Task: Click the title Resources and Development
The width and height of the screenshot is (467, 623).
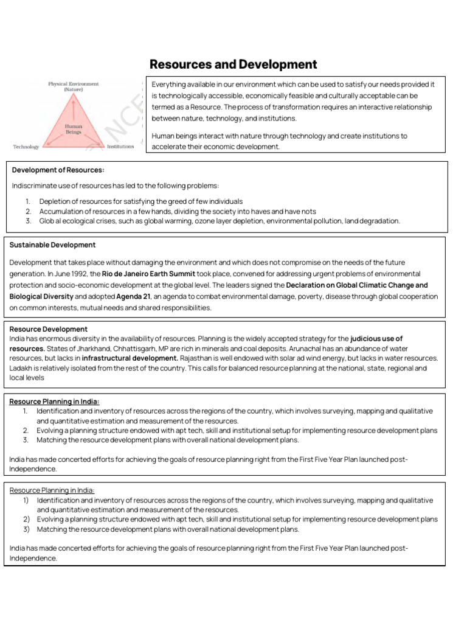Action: [x=233, y=64]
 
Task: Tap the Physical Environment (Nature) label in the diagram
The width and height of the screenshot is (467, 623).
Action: [x=74, y=86]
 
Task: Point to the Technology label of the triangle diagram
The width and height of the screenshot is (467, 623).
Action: [x=26, y=147]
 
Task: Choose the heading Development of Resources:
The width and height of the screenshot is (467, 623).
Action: [x=54, y=170]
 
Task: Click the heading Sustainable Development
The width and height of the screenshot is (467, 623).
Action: [x=52, y=245]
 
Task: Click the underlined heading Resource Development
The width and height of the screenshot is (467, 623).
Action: [x=49, y=329]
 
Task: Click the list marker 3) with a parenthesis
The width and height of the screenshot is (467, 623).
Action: [x=26, y=529]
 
